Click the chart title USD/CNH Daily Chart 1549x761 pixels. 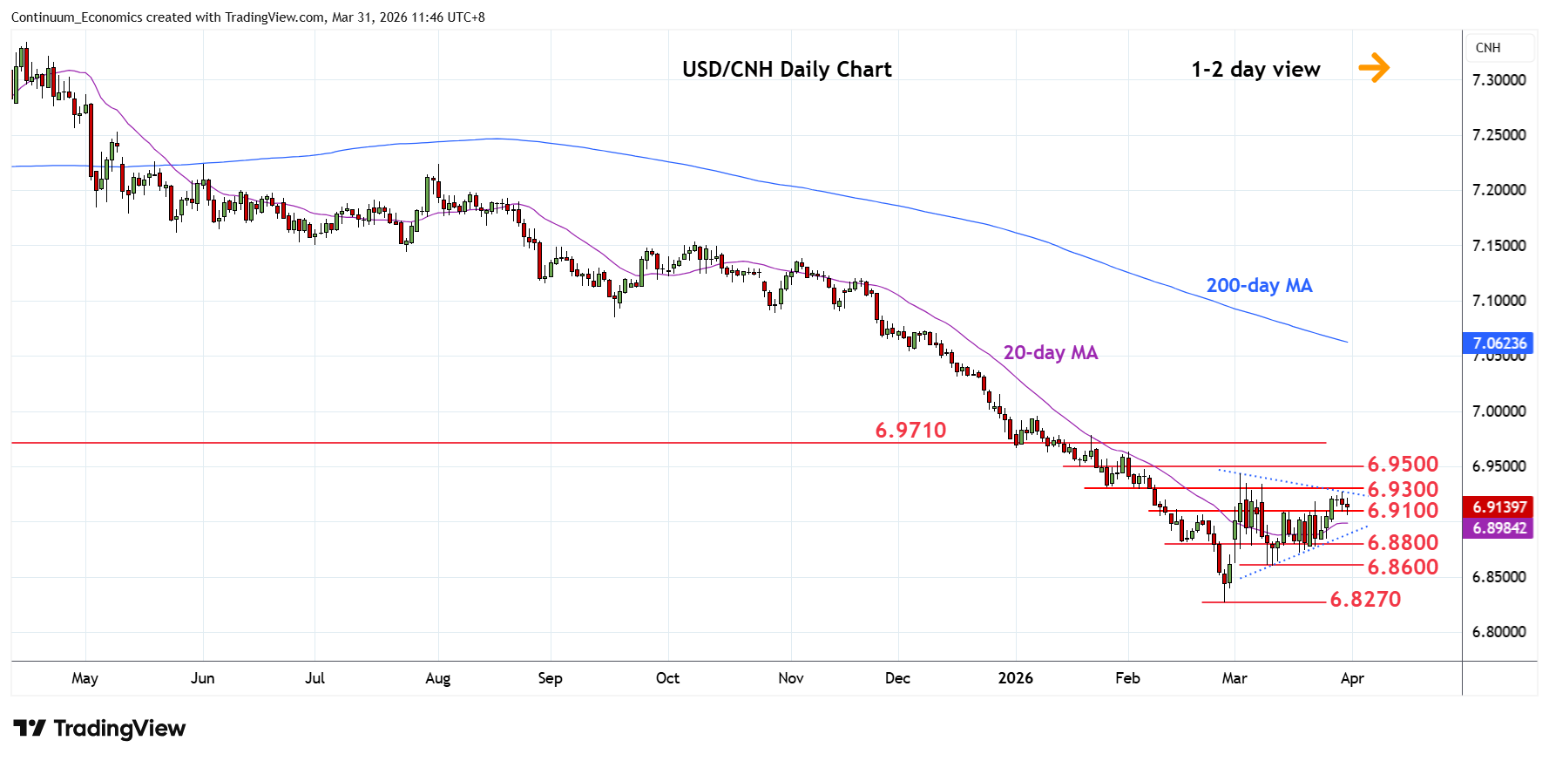pos(787,70)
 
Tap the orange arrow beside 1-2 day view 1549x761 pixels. pos(1374,67)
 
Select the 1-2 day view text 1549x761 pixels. pos(1255,70)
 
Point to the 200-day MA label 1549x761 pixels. pos(1259,286)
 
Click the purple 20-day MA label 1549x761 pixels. pos(1050,353)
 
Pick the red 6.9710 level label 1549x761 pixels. pos(910,431)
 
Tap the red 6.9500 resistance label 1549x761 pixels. pos(1403,465)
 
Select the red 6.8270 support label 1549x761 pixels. pos(1365,600)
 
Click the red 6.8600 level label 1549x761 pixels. pos(1403,567)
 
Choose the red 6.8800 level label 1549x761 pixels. pos(1403,543)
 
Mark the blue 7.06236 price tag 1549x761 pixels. pos(1499,343)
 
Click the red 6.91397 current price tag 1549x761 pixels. pos(1499,507)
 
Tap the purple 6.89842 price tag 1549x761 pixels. pos(1499,528)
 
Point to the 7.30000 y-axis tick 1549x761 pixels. pos(1498,80)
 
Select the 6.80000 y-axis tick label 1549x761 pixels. pos(1498,632)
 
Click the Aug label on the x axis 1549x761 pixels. pos(437,679)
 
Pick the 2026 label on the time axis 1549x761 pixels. pos(1015,679)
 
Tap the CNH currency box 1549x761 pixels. pos(1488,48)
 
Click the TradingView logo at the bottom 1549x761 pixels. pos(99,729)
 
